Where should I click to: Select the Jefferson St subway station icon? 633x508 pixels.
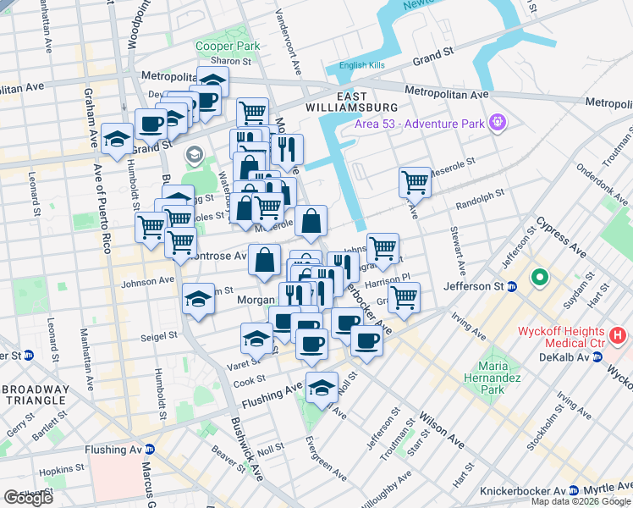513,287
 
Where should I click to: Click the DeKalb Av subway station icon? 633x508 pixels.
598,357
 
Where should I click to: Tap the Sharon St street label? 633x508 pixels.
231,61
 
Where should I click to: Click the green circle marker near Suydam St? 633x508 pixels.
539,278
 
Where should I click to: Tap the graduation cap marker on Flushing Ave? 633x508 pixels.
322,388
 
